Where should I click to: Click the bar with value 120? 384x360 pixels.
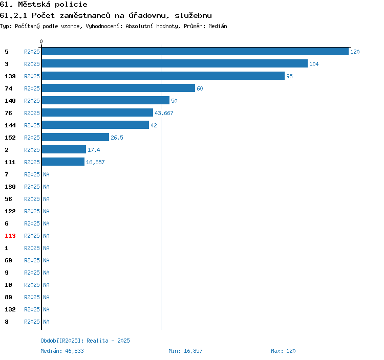(x=195, y=51)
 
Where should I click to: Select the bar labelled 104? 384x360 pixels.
(x=175, y=63)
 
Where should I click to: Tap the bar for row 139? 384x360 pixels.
(x=163, y=76)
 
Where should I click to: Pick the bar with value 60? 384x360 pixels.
(x=118, y=88)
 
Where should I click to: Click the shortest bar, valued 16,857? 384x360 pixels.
(x=63, y=162)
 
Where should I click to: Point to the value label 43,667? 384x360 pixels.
(x=164, y=113)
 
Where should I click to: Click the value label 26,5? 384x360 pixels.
(x=117, y=138)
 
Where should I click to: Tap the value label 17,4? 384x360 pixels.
(x=94, y=150)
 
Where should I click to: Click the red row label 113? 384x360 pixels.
(x=10, y=236)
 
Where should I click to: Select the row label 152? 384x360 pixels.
(x=10, y=138)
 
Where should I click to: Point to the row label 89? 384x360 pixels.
(x=8, y=297)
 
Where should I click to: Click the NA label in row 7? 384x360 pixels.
(x=46, y=174)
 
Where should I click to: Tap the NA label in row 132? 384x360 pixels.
(x=46, y=309)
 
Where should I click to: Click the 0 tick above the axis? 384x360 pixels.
(x=41, y=41)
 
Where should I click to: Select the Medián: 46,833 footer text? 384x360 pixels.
(x=62, y=351)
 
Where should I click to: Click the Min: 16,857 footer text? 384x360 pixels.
(x=185, y=351)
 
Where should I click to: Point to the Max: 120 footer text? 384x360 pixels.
(x=283, y=351)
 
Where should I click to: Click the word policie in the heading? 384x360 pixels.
(x=71, y=5)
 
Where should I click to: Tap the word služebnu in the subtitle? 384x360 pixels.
(x=193, y=15)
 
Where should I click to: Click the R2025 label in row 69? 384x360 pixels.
(x=32, y=260)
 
